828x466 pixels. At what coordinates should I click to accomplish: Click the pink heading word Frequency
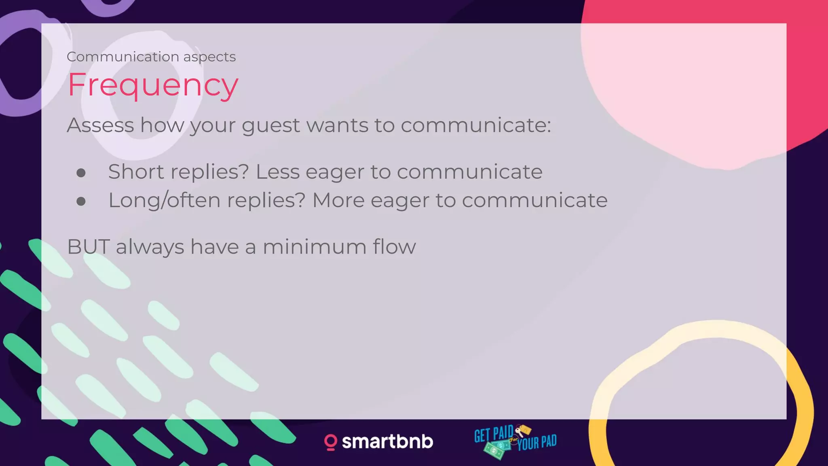coord(153,85)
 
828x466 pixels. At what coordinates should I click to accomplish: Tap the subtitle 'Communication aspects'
coord(151,57)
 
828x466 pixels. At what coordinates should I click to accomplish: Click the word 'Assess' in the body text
coord(100,125)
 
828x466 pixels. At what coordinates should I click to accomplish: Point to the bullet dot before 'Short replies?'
coord(81,173)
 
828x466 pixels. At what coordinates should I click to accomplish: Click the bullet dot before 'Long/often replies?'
coord(81,201)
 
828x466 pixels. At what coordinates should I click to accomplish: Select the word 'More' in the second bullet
coord(338,200)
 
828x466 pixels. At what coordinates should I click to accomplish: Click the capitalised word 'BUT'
coord(88,247)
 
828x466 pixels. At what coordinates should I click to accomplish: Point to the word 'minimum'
coord(315,247)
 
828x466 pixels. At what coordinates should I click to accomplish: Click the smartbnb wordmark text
coord(387,442)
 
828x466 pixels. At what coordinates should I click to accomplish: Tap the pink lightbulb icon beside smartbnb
coord(330,442)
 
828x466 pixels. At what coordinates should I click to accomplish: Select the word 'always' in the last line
coord(150,247)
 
